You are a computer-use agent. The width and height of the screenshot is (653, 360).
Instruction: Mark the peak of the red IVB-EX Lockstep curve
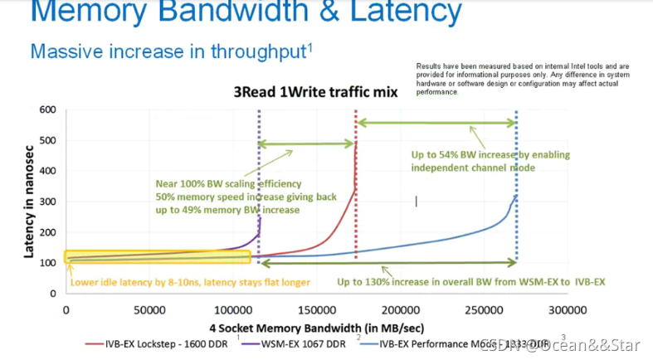(356, 143)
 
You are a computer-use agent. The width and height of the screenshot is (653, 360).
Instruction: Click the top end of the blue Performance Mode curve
(516, 196)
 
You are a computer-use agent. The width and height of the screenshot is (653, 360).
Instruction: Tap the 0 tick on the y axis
(51, 293)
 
